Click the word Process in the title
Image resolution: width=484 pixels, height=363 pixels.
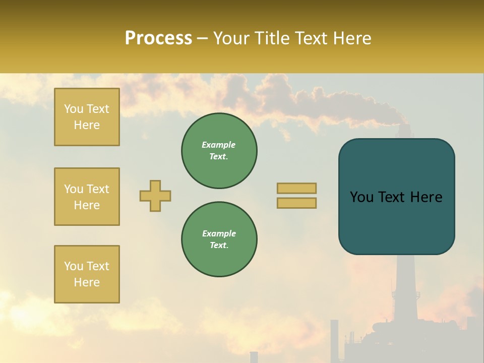158,38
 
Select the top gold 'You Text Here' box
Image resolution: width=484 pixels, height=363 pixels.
87,117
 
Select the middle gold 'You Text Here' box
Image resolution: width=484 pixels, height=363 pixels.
87,197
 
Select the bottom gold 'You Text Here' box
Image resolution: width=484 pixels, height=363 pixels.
87,274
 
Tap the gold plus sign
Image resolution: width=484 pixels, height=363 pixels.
155,196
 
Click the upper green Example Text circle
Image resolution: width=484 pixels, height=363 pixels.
219,151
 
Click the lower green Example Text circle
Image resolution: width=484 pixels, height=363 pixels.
219,239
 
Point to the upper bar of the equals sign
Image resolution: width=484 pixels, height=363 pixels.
296,188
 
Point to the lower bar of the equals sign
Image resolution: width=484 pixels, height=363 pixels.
296,203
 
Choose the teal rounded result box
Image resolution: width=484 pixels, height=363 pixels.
396,197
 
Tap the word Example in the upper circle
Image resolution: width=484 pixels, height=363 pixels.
219,145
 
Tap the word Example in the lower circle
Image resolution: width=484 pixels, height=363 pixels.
219,233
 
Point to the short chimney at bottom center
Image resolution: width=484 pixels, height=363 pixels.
254,357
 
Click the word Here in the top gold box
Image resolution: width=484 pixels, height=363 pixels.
87,125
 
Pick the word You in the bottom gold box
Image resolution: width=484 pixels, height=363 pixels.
74,266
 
